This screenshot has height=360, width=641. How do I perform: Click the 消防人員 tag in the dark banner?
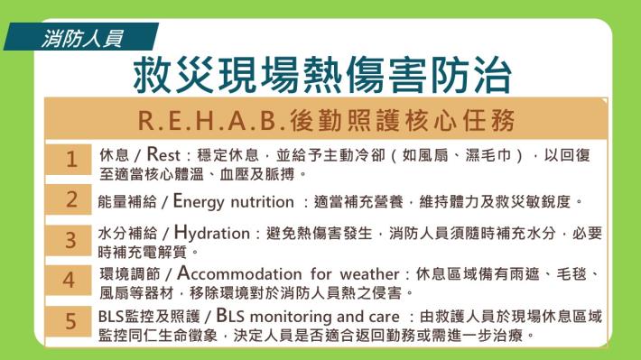coord(82,39)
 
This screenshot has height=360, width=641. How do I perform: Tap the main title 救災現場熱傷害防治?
coord(322,75)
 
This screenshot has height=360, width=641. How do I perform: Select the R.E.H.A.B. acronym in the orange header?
coord(211,121)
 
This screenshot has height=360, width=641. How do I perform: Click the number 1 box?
coord(69,160)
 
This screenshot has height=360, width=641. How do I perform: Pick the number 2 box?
coord(69,199)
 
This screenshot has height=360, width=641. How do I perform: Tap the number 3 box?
coord(69,240)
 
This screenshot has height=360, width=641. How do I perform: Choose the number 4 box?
coord(69,280)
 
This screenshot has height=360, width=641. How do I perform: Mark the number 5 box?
coord(69,321)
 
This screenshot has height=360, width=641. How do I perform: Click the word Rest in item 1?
coord(163,154)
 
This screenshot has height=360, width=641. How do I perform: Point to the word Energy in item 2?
coord(199,201)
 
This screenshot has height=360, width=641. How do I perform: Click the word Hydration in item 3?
coord(212,233)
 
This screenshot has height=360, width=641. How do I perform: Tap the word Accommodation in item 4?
coord(239,273)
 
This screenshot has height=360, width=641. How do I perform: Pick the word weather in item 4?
coord(369,273)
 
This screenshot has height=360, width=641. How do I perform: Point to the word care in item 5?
coord(384,317)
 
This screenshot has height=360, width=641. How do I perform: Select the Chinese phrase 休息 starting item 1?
coord(114,155)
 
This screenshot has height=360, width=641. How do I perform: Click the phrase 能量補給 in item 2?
coord(127,201)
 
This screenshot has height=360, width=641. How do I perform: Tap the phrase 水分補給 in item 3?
coord(127,234)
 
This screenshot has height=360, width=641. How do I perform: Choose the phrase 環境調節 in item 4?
coord(130,273)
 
